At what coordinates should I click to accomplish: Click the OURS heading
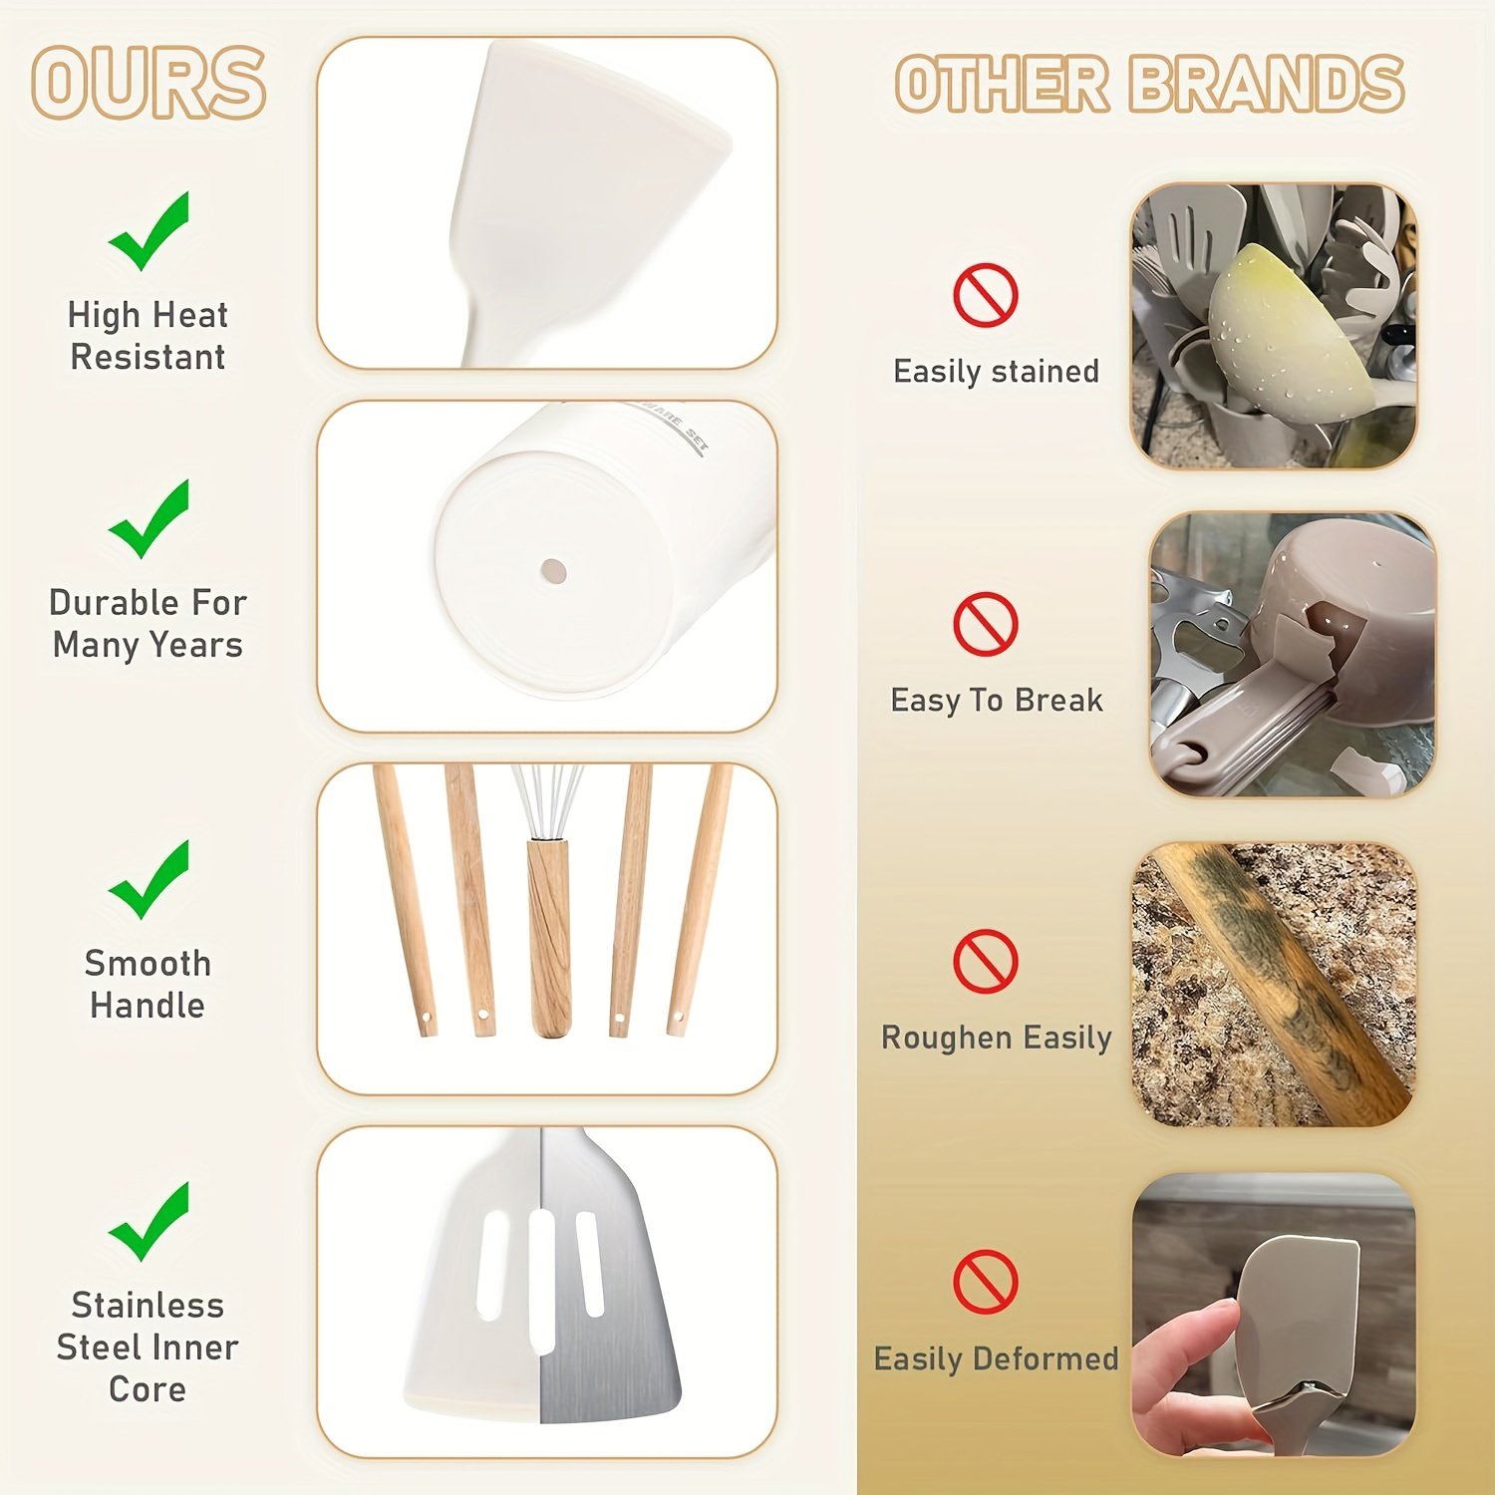pyautogui.click(x=149, y=83)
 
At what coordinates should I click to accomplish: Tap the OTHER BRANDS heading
pyautogui.click(x=1149, y=84)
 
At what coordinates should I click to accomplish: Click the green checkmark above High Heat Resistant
pyautogui.click(x=149, y=231)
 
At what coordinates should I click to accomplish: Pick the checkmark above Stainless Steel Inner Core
pyautogui.click(x=149, y=1221)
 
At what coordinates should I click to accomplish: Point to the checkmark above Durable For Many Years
pyautogui.click(x=149, y=518)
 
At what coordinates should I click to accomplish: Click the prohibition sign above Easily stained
pyautogui.click(x=985, y=295)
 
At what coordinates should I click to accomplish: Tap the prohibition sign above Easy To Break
pyautogui.click(x=985, y=624)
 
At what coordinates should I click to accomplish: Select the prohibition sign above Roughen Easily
pyautogui.click(x=985, y=961)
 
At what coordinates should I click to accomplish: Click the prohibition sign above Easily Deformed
pyautogui.click(x=985, y=1281)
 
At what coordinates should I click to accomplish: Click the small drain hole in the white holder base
pyautogui.click(x=553, y=572)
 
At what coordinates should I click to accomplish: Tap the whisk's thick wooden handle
pyautogui.click(x=549, y=937)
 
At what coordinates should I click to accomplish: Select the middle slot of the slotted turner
pyautogui.click(x=541, y=1280)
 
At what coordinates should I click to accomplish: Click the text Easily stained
pyautogui.click(x=996, y=372)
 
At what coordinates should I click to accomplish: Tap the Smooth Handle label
pyautogui.click(x=148, y=984)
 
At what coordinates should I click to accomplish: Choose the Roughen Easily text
pyautogui.click(x=996, y=1038)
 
